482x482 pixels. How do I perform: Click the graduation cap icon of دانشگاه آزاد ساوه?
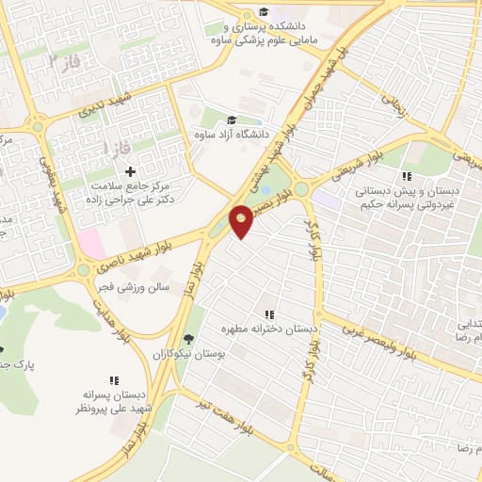pos(232,120)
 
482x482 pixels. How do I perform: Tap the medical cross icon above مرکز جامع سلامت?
pos(130,171)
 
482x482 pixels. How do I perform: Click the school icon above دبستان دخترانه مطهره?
pos(269,314)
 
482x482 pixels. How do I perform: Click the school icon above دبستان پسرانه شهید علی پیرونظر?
pos(114,381)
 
